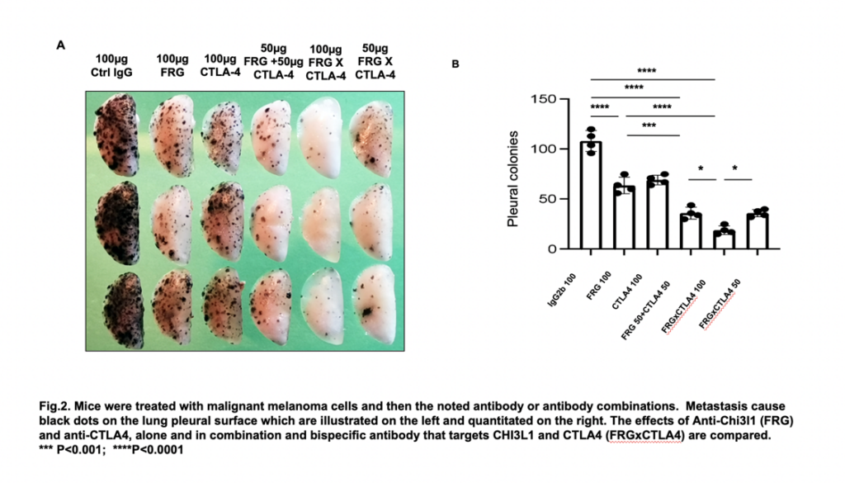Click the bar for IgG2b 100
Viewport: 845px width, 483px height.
point(591,196)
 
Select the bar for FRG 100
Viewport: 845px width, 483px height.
point(624,218)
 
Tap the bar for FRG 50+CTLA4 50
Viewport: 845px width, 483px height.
point(691,231)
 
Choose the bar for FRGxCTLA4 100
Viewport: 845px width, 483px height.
point(724,240)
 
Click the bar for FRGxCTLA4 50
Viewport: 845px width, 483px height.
point(757,232)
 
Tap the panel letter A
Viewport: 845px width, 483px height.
point(59,45)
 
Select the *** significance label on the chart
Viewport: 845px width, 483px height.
point(649,126)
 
